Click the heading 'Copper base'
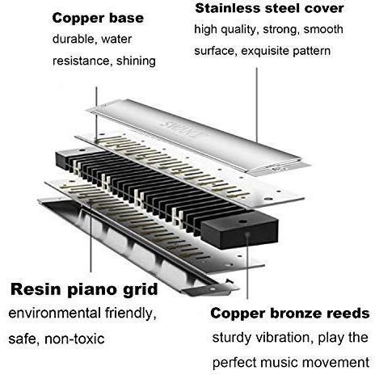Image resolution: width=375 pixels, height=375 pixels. coord(98,19)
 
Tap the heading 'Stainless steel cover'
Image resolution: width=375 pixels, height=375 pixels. coord(269,8)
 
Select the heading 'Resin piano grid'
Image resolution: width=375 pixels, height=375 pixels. coord(84,290)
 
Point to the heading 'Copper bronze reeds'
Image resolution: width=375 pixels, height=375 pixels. coord(290,314)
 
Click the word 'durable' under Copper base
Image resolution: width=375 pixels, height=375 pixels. coord(74,40)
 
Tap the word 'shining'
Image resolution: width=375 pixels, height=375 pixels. coord(136,61)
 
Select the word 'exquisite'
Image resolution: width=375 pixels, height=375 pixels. coord(265,51)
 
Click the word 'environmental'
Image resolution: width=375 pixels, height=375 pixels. coord(55,314)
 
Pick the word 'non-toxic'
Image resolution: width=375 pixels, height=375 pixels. coord(74,339)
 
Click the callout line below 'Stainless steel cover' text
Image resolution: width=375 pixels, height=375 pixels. coord(257,105)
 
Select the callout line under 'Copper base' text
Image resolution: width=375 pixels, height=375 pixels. coord(96,113)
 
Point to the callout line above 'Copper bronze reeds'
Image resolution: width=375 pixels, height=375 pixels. coord(247,267)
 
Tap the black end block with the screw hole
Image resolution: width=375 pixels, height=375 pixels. coord(240,230)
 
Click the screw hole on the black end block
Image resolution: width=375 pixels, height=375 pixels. coord(243,221)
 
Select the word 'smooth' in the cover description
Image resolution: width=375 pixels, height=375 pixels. coord(323,29)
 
